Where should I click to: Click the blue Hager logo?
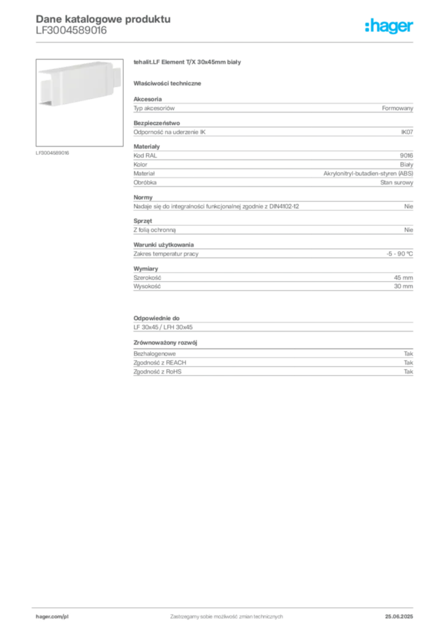(390, 27)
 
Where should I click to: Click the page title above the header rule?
(101, 19)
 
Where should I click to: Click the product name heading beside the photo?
(190, 64)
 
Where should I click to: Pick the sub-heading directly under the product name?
(170, 82)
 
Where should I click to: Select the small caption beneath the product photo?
(54, 153)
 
